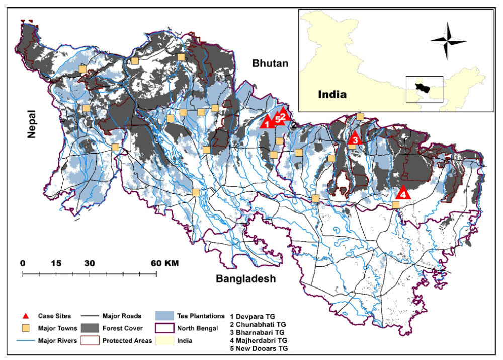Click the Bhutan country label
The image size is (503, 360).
pos(271,63)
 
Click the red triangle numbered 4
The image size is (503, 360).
pos(403,193)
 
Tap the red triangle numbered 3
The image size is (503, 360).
pos(355,138)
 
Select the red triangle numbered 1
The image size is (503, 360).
pos(267,121)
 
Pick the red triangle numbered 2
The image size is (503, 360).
pos(283,115)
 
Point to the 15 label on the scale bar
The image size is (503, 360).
pos(56,263)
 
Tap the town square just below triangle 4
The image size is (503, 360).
pos(396,205)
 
